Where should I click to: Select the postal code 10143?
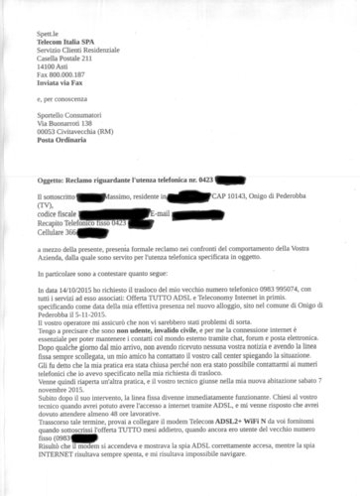point(232,199)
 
